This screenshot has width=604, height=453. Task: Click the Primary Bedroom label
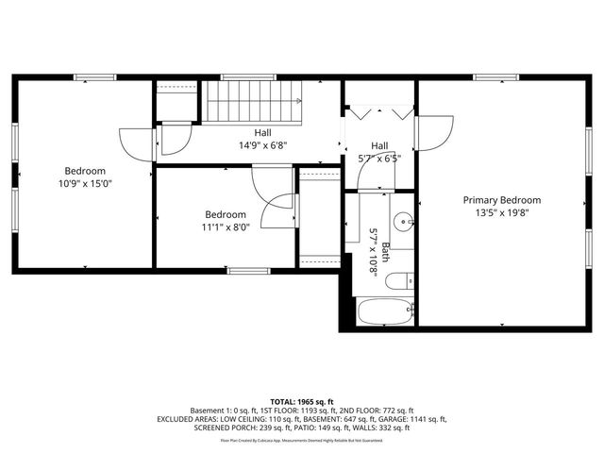(x=501, y=200)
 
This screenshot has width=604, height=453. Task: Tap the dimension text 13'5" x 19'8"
(x=501, y=213)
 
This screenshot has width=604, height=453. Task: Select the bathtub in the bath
(x=385, y=310)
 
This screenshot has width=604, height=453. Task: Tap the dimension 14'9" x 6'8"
(x=262, y=146)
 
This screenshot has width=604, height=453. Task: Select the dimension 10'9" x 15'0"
(x=84, y=185)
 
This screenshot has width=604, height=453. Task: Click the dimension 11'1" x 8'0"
(x=226, y=227)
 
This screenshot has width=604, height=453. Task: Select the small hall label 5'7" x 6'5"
(x=379, y=159)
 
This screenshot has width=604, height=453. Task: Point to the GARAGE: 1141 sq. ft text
(x=412, y=419)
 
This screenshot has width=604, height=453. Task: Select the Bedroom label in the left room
(x=84, y=172)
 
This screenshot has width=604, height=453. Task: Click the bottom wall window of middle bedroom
(x=247, y=271)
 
